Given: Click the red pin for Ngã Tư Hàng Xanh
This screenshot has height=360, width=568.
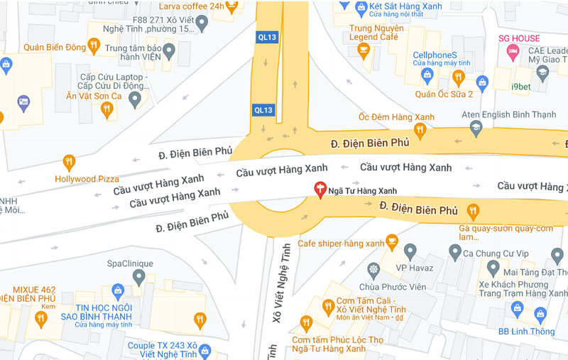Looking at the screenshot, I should pyautogui.click(x=319, y=190).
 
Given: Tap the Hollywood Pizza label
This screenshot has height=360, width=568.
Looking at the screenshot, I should pyautogui.click(x=87, y=179).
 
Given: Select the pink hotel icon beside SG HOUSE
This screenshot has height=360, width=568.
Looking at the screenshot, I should pyautogui.click(x=510, y=52).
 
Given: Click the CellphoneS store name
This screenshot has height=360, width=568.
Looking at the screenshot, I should pyautogui.click(x=435, y=55).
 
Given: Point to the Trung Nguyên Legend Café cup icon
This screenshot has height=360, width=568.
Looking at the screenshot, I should pyautogui.click(x=364, y=50).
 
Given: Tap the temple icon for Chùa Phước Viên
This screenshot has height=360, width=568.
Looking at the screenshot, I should pyautogui.click(x=373, y=270).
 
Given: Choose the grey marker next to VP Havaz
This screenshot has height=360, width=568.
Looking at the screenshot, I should pyautogui.click(x=410, y=251).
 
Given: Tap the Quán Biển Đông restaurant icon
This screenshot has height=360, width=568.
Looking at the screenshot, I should pyautogui.click(x=94, y=47).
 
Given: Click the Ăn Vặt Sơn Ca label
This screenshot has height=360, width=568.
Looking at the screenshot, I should pyautogui.click(x=94, y=96).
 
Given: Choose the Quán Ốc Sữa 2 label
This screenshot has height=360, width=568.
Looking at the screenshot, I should pyautogui.click(x=444, y=93).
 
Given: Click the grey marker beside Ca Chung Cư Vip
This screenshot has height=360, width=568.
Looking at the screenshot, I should pyautogui.click(x=455, y=252).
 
